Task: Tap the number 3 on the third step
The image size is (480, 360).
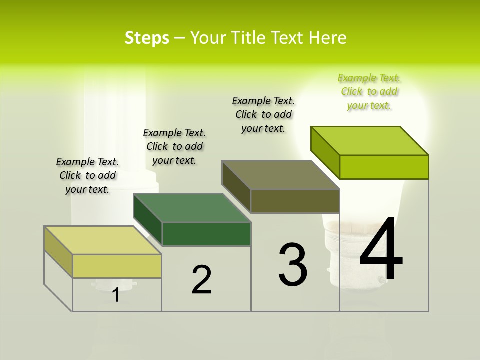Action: [x=293, y=264]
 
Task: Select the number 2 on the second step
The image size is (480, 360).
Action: [x=201, y=279]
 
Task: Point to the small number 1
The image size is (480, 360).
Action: [x=115, y=295]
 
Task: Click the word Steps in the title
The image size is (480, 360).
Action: [x=147, y=38]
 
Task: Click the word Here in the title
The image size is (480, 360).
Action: [x=328, y=38]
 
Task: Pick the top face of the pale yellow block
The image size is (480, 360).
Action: [x=103, y=240]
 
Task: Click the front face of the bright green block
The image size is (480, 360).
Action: [x=384, y=167]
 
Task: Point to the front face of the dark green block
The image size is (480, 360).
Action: [x=206, y=234]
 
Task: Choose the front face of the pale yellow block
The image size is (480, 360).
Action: [x=117, y=266]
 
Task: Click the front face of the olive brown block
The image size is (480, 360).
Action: [x=295, y=201]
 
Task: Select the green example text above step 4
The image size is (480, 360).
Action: [x=369, y=91]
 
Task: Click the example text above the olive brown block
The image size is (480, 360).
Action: [x=263, y=114]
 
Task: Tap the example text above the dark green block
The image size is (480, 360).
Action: [x=174, y=146]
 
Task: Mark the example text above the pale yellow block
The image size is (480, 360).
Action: [x=87, y=175]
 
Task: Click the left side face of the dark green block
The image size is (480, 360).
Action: [x=148, y=220]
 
